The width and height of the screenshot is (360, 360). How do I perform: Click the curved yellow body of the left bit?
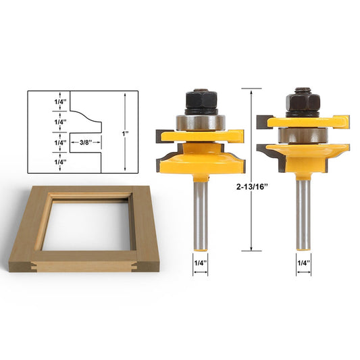[199, 159]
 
